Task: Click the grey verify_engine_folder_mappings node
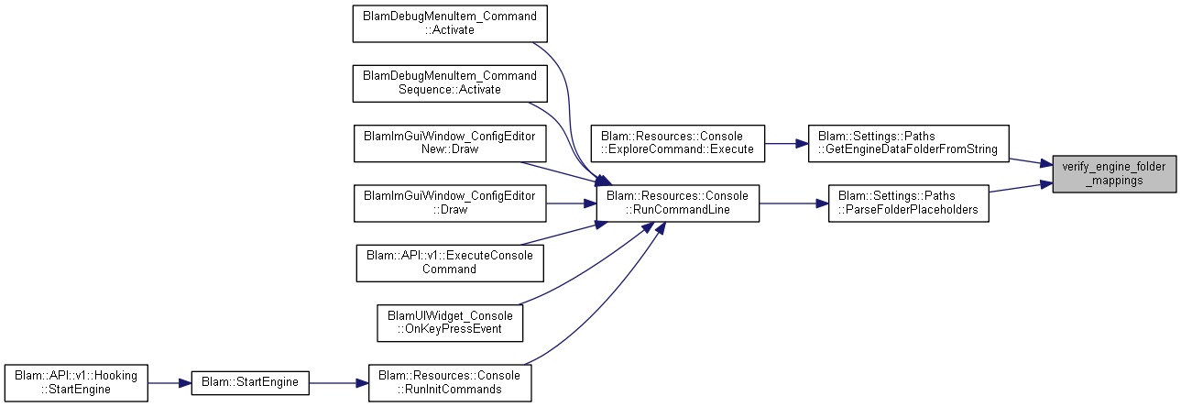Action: coord(1114,173)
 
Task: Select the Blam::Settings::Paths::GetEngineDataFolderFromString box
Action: coord(908,143)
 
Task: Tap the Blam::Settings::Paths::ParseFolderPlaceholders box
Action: coord(908,203)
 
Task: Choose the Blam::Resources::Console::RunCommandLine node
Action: coord(677,203)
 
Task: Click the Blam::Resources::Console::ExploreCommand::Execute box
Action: coord(677,143)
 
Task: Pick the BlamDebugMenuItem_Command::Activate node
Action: coord(450,24)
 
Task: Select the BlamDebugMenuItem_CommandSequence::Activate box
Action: coord(450,83)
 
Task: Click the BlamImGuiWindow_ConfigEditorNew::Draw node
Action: coord(450,143)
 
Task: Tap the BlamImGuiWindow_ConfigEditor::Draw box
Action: coord(450,203)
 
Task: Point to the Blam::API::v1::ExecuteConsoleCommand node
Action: coord(450,262)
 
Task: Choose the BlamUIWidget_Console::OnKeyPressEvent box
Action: coord(450,323)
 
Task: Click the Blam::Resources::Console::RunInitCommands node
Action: coord(450,383)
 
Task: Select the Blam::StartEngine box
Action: coord(250,383)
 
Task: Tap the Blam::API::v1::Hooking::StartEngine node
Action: coord(76,383)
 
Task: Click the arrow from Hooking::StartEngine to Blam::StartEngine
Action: coord(169,383)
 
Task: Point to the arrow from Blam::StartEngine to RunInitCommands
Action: coord(338,383)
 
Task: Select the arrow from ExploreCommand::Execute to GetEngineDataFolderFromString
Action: coord(787,143)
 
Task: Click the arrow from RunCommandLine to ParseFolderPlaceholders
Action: coord(793,203)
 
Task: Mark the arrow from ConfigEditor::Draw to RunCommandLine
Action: coord(571,203)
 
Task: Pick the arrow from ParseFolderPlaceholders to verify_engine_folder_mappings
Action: coord(1021,187)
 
